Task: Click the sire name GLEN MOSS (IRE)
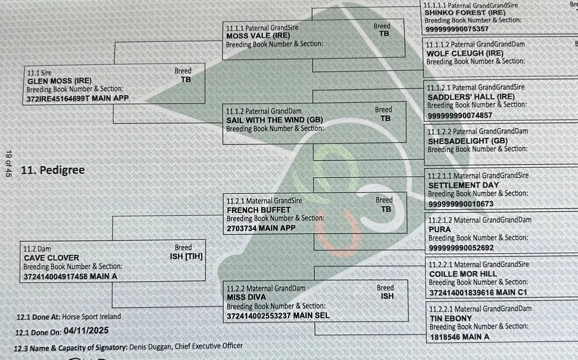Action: (59, 81)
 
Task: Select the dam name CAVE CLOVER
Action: (51, 258)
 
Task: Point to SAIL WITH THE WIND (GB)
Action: (274, 120)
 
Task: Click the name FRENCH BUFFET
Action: (259, 210)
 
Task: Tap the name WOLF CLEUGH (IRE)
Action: (465, 53)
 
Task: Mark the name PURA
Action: (439, 229)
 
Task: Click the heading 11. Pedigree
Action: (53, 170)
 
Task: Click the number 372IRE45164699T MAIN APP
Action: (78, 99)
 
